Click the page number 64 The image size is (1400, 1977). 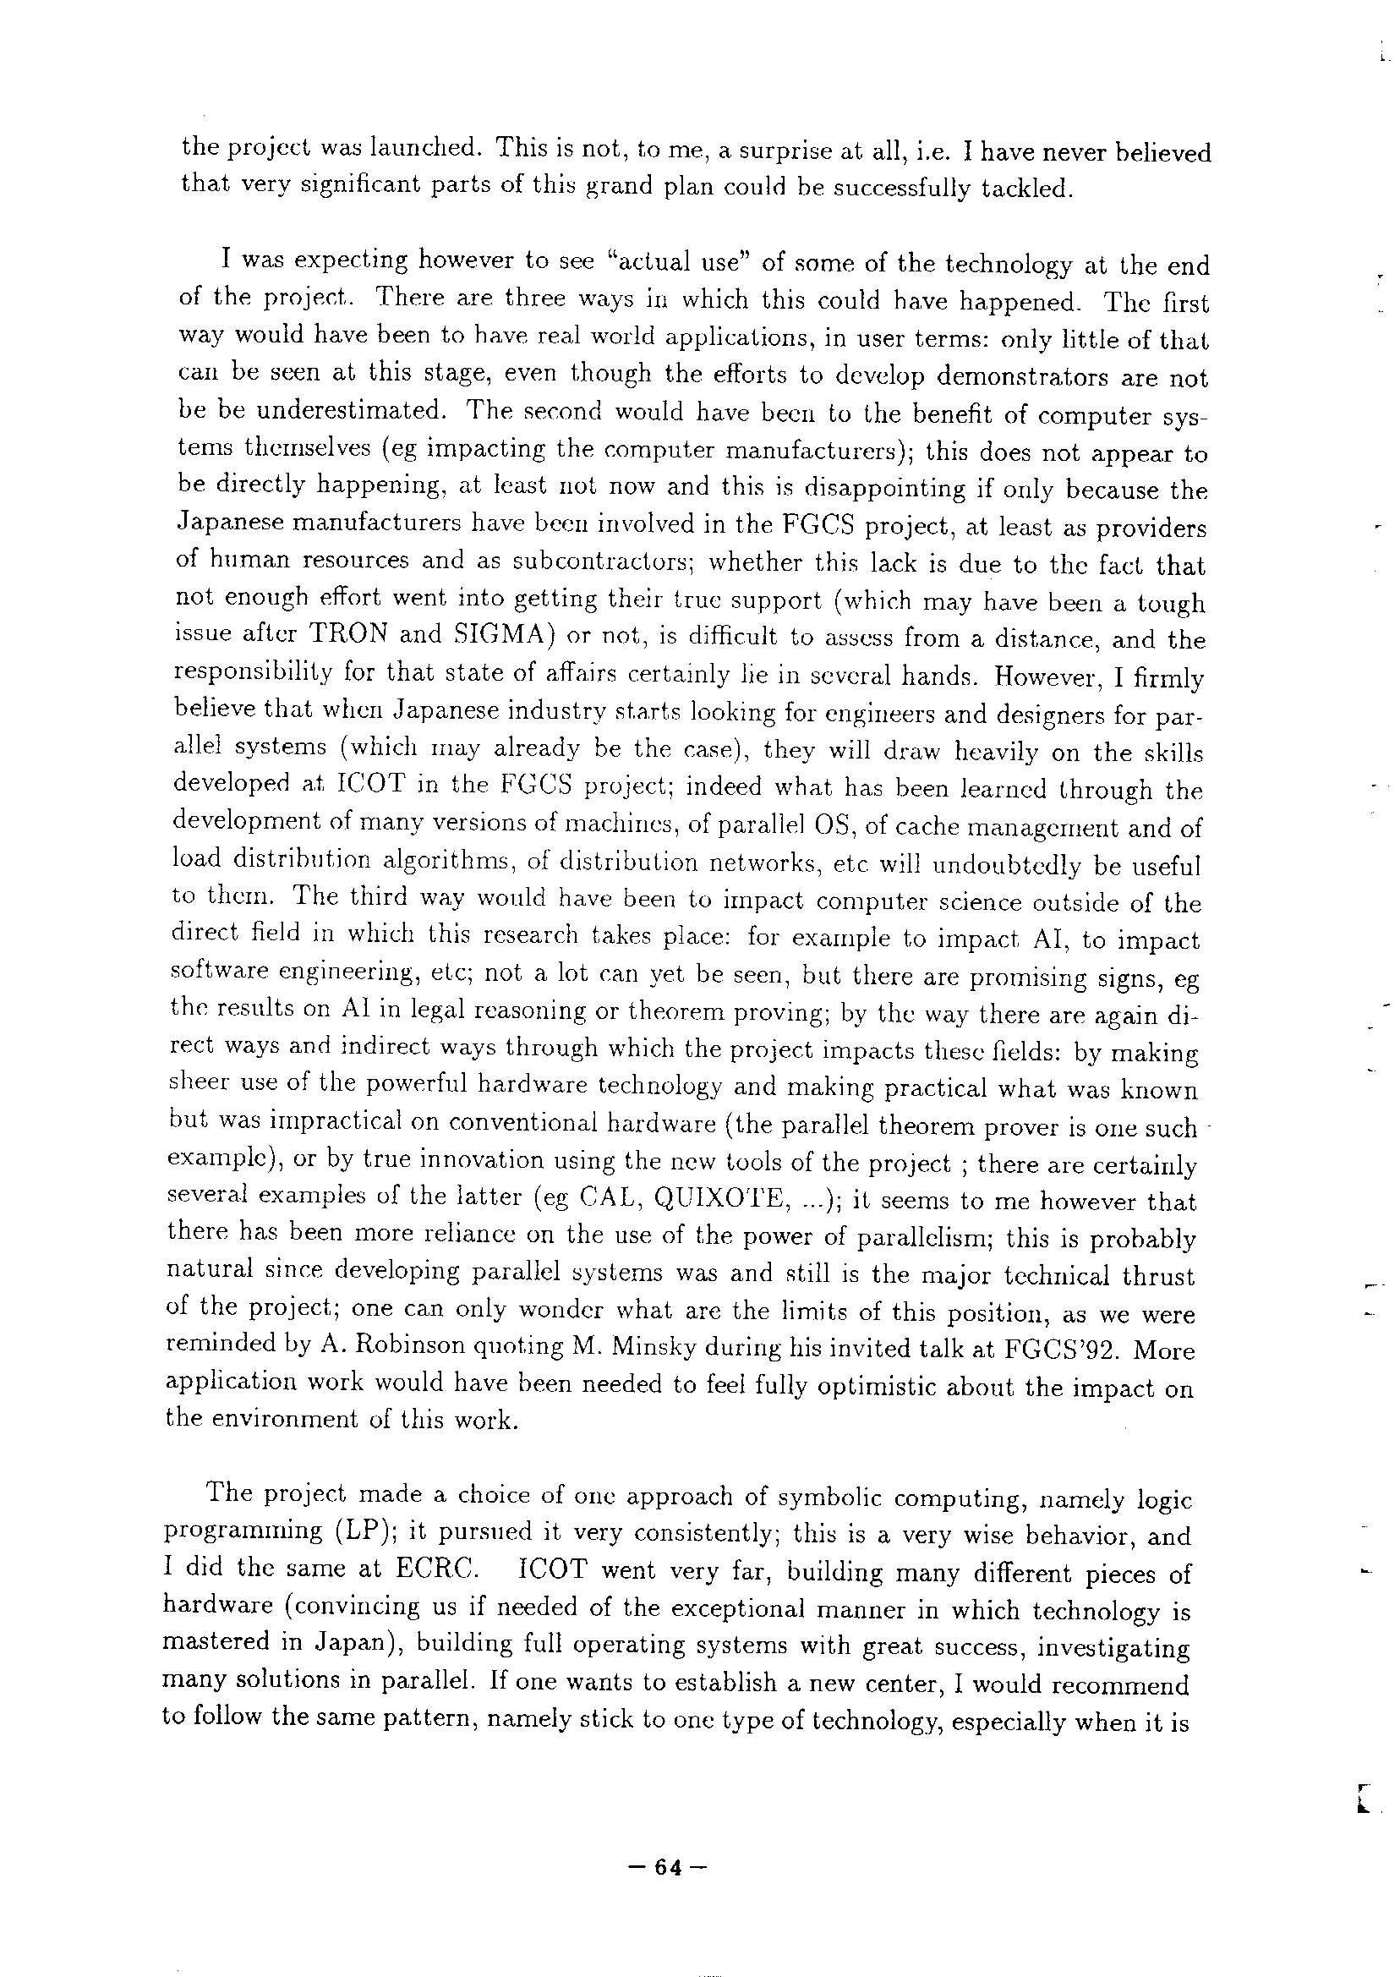(668, 1868)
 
